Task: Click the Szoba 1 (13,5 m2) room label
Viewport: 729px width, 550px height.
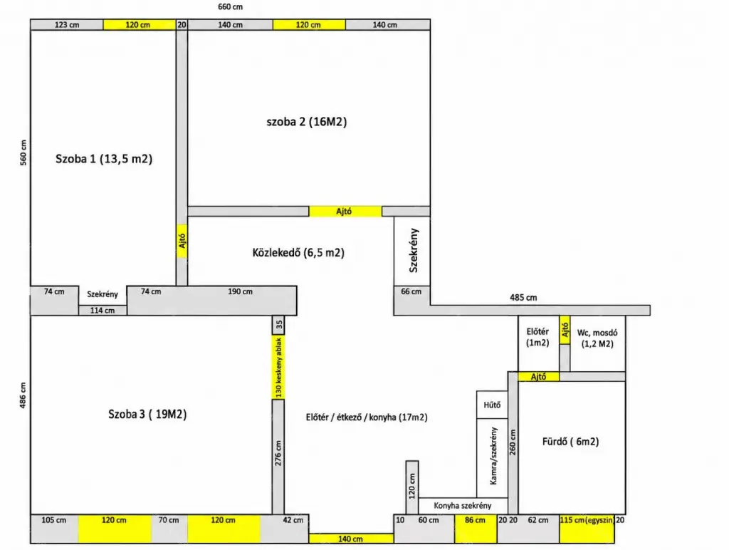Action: click(x=104, y=159)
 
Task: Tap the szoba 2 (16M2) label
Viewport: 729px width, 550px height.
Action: click(x=307, y=121)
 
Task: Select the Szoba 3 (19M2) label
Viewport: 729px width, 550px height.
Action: click(x=147, y=414)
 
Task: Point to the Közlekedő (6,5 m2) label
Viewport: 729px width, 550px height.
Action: click(x=298, y=253)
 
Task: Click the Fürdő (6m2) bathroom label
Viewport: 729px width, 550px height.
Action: click(x=570, y=442)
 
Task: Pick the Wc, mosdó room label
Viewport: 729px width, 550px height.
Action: click(x=597, y=338)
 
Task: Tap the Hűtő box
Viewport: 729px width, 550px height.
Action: click(x=492, y=405)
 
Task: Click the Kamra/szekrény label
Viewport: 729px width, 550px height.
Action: click(x=494, y=456)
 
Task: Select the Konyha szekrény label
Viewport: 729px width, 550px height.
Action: click(x=463, y=506)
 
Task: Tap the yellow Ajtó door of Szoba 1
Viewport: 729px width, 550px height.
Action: click(x=182, y=241)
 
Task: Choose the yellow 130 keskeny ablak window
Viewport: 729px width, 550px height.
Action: click(x=278, y=367)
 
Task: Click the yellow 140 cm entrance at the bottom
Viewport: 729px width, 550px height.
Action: click(x=351, y=539)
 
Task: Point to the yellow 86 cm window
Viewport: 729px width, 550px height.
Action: click(x=476, y=529)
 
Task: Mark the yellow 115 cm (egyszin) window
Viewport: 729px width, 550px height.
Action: click(x=587, y=529)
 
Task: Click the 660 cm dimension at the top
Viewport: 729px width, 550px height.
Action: click(x=230, y=7)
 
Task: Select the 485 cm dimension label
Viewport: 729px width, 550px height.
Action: click(x=523, y=297)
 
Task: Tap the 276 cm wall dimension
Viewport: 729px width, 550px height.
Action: click(x=278, y=453)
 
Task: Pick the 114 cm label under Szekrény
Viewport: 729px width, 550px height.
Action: click(x=103, y=311)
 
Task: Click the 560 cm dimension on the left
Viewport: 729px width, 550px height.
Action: click(x=23, y=152)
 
